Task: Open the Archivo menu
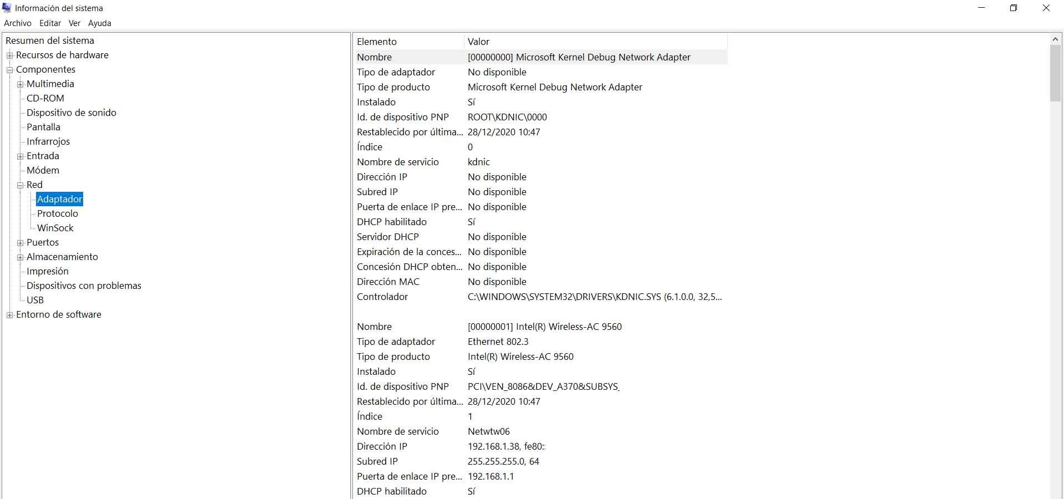coord(18,23)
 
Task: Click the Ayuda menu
coord(100,23)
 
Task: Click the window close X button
coord(1046,8)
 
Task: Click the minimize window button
coord(982,8)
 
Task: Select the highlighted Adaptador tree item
coord(60,199)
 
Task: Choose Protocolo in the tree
coord(58,213)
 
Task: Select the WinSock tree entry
coord(55,228)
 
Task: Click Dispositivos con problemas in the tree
coord(84,286)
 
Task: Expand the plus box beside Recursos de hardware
coord(10,55)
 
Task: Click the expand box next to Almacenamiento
coord(21,257)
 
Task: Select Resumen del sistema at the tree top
coord(50,40)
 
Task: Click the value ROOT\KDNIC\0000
coord(507,117)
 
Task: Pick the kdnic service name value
coord(479,162)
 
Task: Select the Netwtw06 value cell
coord(489,431)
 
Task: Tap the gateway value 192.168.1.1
coord(491,476)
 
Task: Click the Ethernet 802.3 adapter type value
coord(498,342)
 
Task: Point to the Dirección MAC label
coord(388,282)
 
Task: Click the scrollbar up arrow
coord(1056,39)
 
